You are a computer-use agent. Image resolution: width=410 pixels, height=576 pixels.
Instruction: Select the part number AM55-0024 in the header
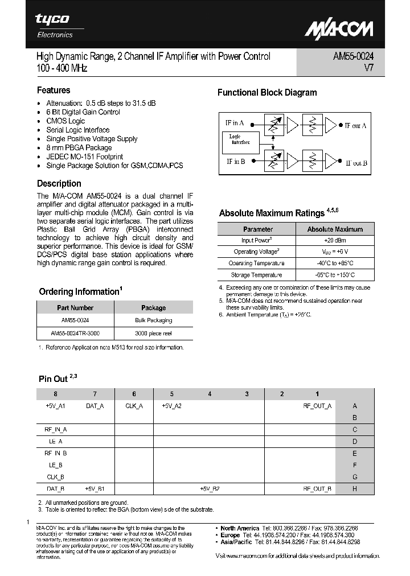[353, 56]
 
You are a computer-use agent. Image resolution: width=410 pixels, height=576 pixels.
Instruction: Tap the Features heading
[54, 90]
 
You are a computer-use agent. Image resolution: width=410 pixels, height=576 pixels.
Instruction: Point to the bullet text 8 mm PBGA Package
[79, 147]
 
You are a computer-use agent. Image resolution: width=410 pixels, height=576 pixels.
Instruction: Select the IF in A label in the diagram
[235, 122]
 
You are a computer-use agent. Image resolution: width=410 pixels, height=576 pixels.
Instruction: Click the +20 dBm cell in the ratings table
[334, 240]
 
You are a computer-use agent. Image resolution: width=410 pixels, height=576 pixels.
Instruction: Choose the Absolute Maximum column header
[334, 229]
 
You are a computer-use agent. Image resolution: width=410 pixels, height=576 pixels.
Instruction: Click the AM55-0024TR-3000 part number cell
[75, 333]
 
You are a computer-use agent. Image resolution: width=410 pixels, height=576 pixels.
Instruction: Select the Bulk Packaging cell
[153, 320]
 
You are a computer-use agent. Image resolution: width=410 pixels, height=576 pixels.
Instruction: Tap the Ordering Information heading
[79, 291]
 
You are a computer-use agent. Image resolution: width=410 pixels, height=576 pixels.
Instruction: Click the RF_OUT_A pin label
[317, 406]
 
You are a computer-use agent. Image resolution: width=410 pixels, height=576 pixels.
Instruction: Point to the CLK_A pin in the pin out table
[134, 406]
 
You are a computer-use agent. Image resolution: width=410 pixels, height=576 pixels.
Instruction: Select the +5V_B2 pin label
[210, 488]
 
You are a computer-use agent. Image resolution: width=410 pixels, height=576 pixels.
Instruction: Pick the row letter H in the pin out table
[355, 488]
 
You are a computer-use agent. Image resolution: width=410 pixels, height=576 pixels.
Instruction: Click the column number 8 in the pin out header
[55, 394]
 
